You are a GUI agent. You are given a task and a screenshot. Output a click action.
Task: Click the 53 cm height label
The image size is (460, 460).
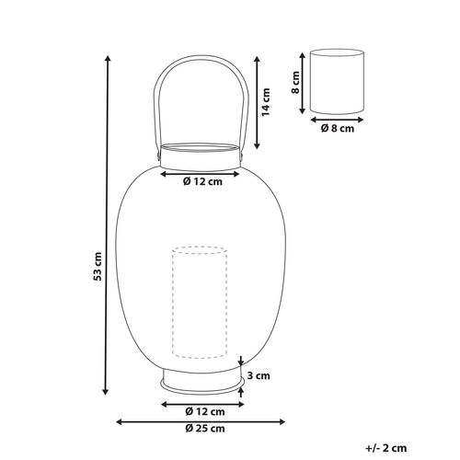pyautogui.click(x=98, y=266)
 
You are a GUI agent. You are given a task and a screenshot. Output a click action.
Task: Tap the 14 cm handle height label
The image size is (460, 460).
pyautogui.click(x=266, y=102)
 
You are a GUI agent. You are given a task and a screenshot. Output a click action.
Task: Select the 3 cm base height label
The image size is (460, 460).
pyautogui.click(x=259, y=375)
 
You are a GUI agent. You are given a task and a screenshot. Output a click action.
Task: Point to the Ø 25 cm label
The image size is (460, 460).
pyautogui.click(x=205, y=429)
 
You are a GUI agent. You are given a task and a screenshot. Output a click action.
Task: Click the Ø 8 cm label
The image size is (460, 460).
pyautogui.click(x=338, y=128)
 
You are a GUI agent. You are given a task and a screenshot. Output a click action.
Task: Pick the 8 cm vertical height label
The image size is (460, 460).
pyautogui.click(x=295, y=82)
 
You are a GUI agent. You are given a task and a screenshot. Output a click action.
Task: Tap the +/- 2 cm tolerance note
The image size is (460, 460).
pyautogui.click(x=386, y=448)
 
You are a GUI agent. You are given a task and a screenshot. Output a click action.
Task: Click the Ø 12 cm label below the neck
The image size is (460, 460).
pyautogui.click(x=202, y=181)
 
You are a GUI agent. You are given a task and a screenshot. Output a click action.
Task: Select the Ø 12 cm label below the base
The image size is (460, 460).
pyautogui.click(x=205, y=411)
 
